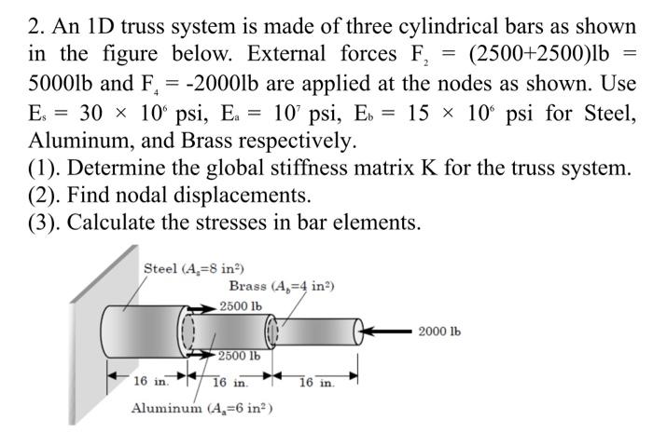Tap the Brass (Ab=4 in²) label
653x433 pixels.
282,286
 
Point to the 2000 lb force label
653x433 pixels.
439,332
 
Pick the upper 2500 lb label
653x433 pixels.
241,305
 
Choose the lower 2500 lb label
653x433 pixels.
240,355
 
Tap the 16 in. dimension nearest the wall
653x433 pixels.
150,382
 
